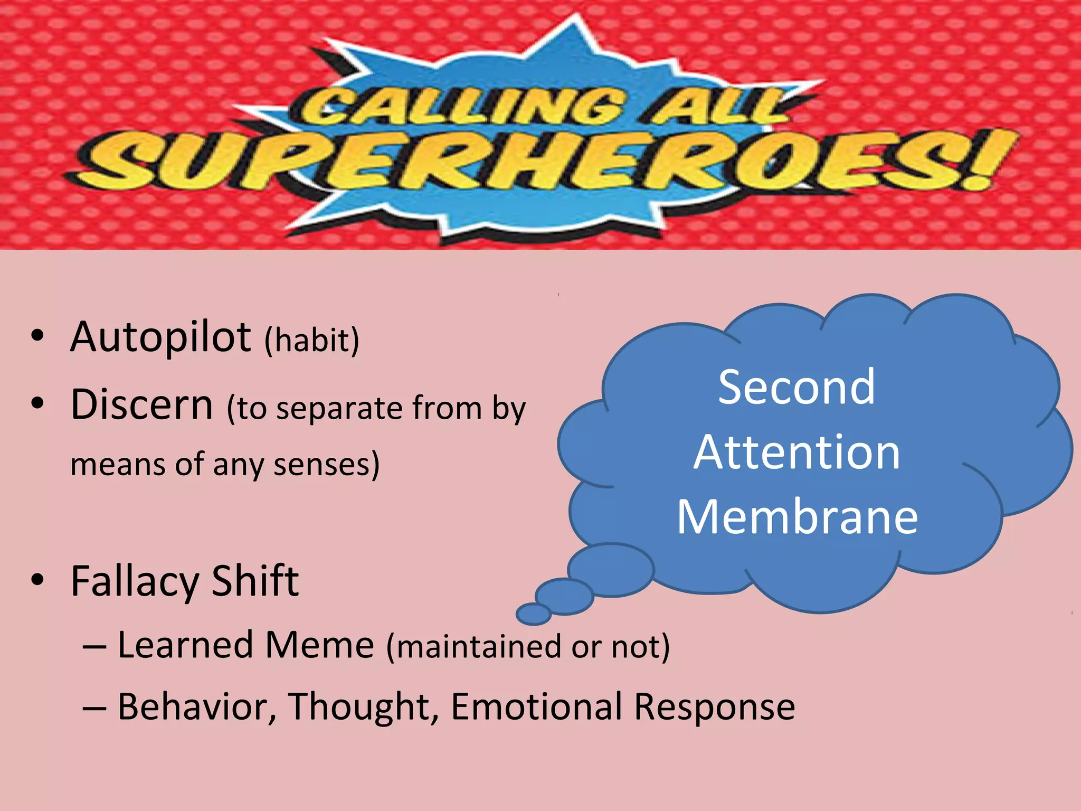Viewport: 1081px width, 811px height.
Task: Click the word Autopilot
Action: (x=160, y=337)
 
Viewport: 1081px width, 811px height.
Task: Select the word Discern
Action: (x=142, y=404)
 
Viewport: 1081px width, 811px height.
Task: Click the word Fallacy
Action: (x=135, y=581)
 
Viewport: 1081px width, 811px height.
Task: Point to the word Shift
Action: (x=255, y=580)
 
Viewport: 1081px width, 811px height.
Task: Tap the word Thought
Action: (x=364, y=706)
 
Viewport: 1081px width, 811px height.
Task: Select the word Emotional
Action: (x=536, y=706)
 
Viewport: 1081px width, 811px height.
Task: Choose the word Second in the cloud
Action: (x=796, y=388)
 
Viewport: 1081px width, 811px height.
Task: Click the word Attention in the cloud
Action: (x=796, y=452)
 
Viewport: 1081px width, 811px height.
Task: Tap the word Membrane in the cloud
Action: (x=797, y=517)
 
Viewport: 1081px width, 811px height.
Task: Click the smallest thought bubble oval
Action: (x=534, y=614)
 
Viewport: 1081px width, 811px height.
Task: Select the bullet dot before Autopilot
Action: (x=37, y=336)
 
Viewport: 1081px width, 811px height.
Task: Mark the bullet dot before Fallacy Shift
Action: (x=37, y=580)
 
